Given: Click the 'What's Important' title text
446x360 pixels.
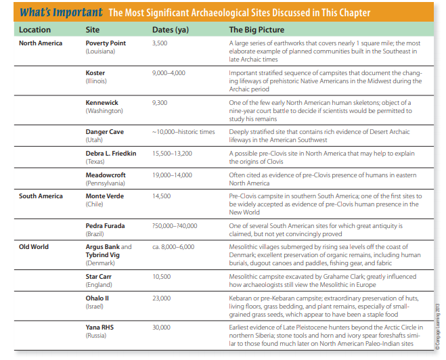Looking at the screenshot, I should coord(61,12).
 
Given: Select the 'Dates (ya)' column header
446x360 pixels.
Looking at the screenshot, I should coord(170,30).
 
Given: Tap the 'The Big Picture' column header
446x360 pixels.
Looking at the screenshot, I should coord(257,30).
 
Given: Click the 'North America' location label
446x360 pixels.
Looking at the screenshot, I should coord(41,43).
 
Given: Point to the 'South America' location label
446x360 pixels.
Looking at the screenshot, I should coord(41,196).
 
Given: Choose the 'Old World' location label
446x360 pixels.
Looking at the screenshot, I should coord(34,247).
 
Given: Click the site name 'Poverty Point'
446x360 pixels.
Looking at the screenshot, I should coord(106,43).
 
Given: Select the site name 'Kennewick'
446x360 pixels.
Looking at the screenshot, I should coord(102,102).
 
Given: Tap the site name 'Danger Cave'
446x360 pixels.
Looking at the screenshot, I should coord(104,132).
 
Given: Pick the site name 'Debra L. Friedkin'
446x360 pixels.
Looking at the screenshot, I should coord(110,154).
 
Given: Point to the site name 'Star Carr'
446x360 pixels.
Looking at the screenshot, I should coord(99,277).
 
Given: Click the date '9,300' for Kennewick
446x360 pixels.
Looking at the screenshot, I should coord(160,102).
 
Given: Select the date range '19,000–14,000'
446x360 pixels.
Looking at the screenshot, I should coord(173,175).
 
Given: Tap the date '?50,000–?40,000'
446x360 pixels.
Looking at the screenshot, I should coord(174,225).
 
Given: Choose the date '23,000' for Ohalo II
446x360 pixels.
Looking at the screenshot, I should coord(161,298).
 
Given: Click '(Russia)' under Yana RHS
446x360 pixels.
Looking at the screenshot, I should coord(96,336).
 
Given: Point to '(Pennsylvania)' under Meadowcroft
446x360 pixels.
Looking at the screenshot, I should coord(106,183).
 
